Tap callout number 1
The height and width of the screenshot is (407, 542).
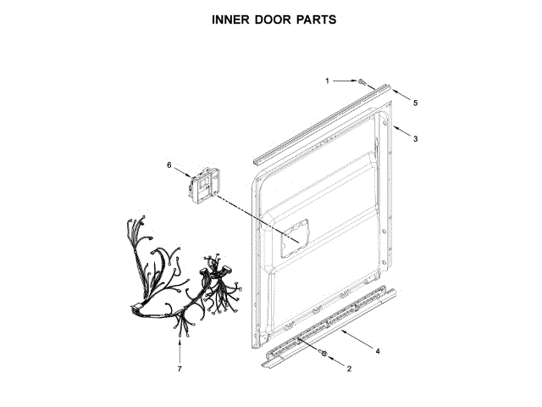328,81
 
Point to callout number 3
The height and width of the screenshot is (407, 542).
415,138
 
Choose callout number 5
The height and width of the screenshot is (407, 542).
415,103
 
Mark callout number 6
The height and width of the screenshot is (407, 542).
169,164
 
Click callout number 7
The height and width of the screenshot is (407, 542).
180,370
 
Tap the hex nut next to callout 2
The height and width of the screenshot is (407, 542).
324,351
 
